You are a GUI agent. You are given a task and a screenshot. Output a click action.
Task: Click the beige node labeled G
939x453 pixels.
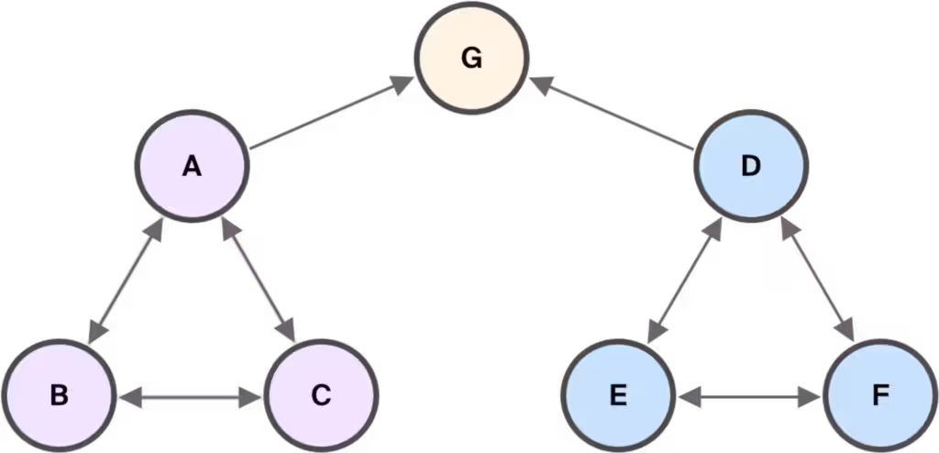pyautogui.click(x=472, y=58)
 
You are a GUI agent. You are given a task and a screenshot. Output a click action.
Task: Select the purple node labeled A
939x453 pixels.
pyautogui.click(x=193, y=165)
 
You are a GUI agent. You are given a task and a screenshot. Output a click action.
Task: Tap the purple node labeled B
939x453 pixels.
pyautogui.click(x=58, y=396)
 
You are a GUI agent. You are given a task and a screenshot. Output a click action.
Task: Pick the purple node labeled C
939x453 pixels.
pyautogui.click(x=321, y=396)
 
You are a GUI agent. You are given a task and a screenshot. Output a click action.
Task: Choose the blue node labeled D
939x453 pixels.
pyautogui.click(x=751, y=165)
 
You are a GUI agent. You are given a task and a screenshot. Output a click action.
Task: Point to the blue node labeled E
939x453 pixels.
pyautogui.click(x=618, y=396)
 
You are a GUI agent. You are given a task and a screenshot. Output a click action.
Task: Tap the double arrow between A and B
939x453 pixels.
pyautogui.click(x=126, y=282)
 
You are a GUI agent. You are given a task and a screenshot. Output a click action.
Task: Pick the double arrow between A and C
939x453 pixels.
pyautogui.click(x=259, y=281)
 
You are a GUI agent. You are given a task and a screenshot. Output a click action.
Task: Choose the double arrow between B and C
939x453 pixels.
pyautogui.click(x=190, y=397)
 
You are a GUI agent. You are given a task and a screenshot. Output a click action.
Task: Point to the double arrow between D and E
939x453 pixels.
pyautogui.click(x=684, y=282)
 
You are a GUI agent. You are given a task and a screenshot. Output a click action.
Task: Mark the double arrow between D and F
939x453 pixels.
pyautogui.click(x=818, y=281)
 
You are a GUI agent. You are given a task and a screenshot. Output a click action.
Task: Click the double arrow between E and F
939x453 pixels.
pyautogui.click(x=750, y=397)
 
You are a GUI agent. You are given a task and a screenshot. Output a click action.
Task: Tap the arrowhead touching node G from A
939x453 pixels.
pyautogui.click(x=403, y=83)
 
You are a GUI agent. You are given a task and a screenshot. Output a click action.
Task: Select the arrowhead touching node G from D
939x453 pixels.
pyautogui.click(x=541, y=83)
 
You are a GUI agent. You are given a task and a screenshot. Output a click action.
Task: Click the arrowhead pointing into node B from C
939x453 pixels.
pyautogui.click(x=130, y=397)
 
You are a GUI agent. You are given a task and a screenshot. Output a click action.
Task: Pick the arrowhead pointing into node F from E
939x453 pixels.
pyautogui.click(x=810, y=397)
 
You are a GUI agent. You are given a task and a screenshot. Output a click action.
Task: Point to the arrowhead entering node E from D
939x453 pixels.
pyautogui.click(x=657, y=333)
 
